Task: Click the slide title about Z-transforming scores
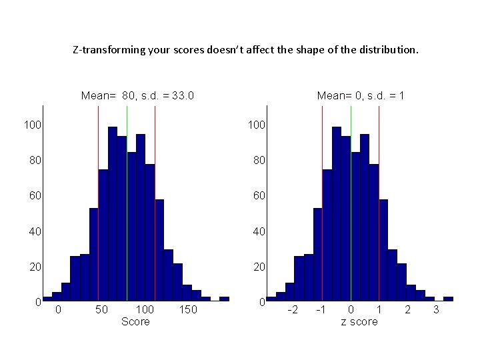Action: click(x=246, y=49)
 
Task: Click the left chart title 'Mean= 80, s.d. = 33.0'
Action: click(x=137, y=96)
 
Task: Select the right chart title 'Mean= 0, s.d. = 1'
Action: click(x=361, y=96)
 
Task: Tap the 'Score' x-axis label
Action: click(x=135, y=322)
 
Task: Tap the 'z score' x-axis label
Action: click(x=359, y=322)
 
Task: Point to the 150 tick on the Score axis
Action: click(x=188, y=310)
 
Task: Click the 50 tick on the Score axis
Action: click(x=102, y=310)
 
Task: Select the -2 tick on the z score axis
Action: click(x=291, y=310)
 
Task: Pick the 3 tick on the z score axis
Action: click(x=436, y=310)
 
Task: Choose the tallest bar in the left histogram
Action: click(x=113, y=213)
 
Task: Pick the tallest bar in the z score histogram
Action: click(x=337, y=213)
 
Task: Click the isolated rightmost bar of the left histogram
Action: click(x=224, y=299)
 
